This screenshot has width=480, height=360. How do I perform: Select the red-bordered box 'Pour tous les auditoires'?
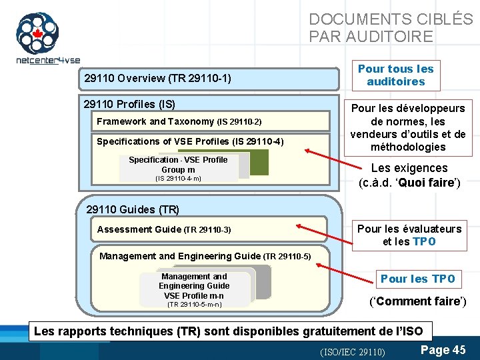(x=395, y=75)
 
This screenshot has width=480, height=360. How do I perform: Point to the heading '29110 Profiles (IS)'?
(x=129, y=104)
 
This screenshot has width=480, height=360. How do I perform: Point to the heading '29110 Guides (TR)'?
(x=133, y=209)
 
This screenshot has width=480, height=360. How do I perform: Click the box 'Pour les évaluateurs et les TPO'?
(x=409, y=235)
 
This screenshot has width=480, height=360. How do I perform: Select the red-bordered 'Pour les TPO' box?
(x=418, y=279)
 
